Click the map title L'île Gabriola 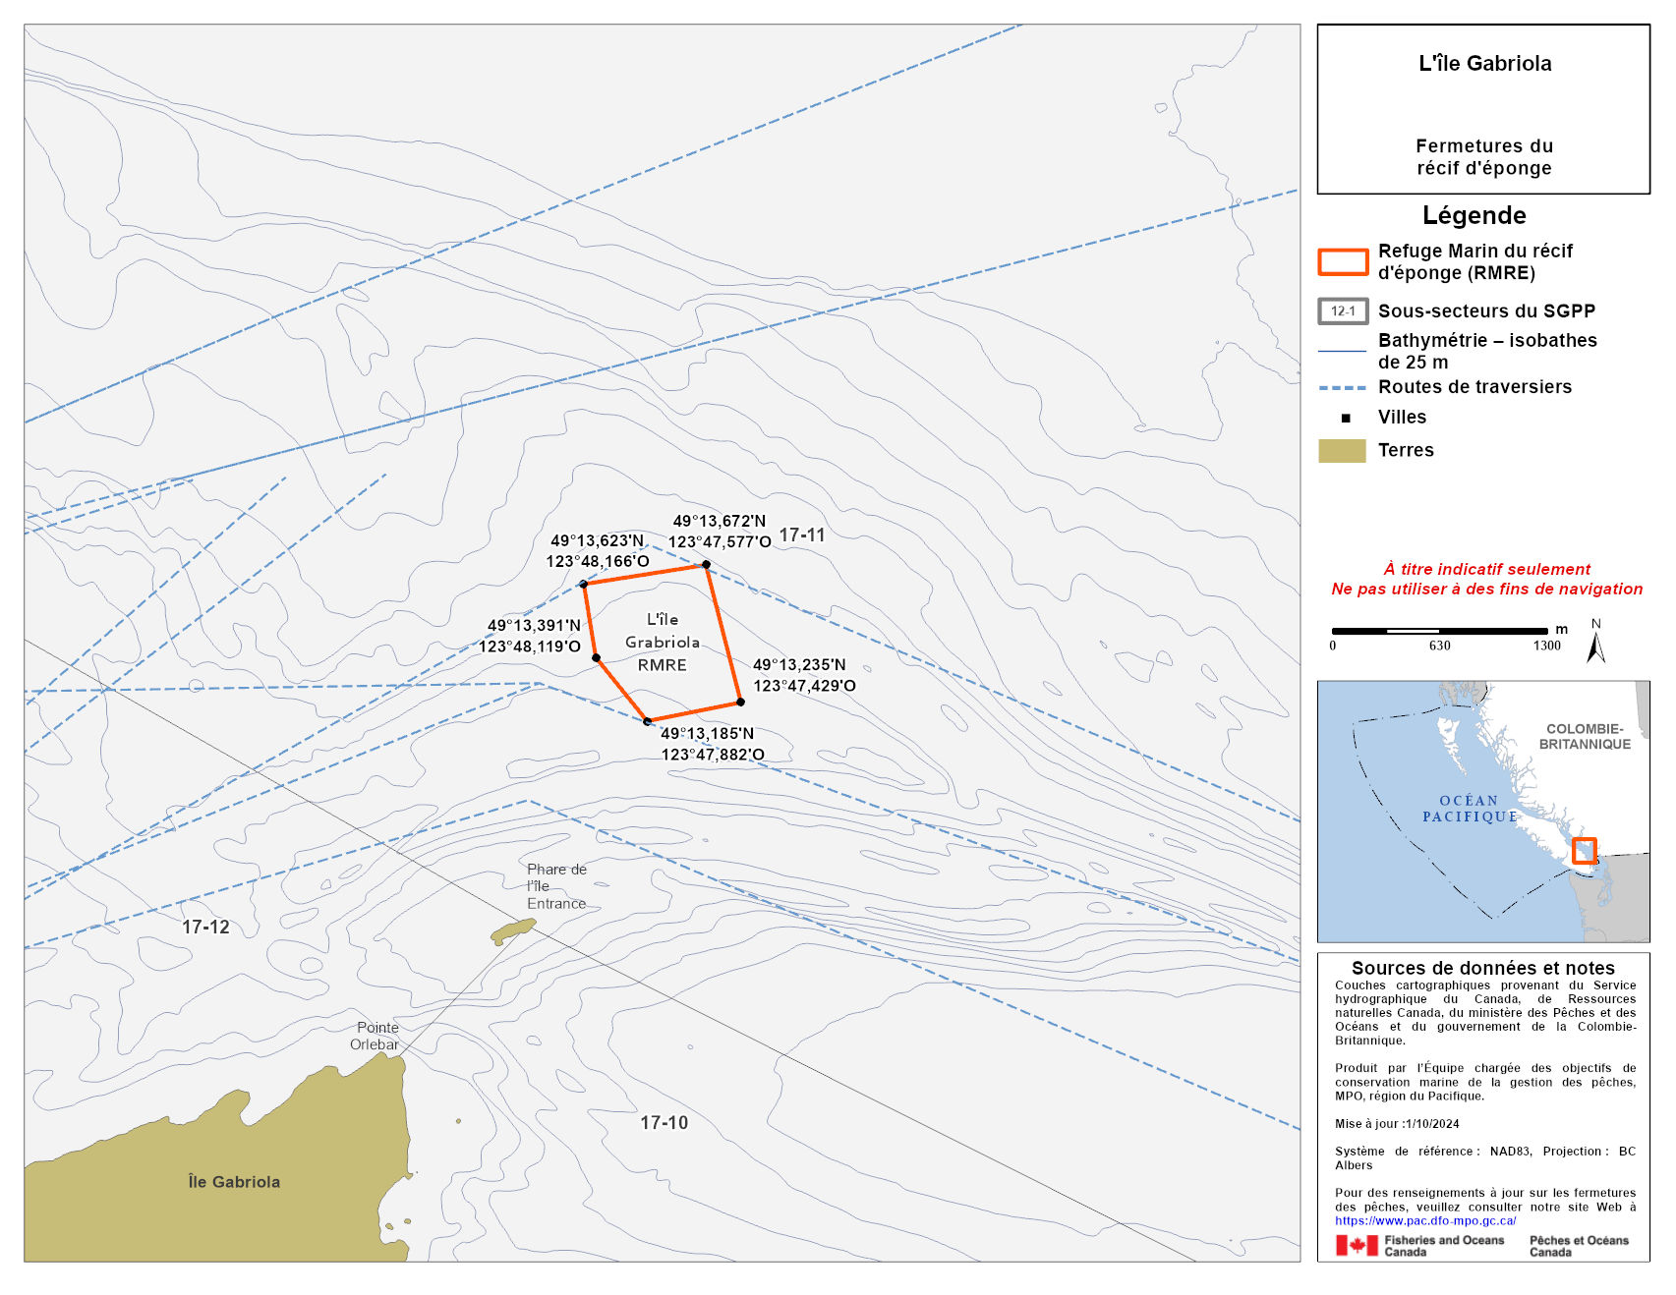click(x=1484, y=64)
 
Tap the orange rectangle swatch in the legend click(x=1343, y=261)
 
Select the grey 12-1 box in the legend click(x=1343, y=311)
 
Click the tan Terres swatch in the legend click(x=1342, y=450)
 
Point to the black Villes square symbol click(x=1346, y=418)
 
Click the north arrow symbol click(x=1595, y=646)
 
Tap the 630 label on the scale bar click(x=1439, y=646)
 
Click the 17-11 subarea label click(x=802, y=535)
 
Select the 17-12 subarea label click(x=205, y=927)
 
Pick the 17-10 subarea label click(x=665, y=1122)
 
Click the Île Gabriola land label click(x=234, y=1182)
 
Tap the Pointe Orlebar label click(x=376, y=1036)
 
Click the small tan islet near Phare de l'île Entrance click(x=513, y=929)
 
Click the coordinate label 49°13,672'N click(x=719, y=521)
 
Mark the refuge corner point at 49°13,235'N click(x=740, y=702)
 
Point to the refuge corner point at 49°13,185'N click(x=647, y=721)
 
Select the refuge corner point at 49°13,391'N click(x=596, y=657)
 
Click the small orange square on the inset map click(x=1584, y=850)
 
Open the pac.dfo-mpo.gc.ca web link click(x=1425, y=1220)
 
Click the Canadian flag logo click(x=1357, y=1246)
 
